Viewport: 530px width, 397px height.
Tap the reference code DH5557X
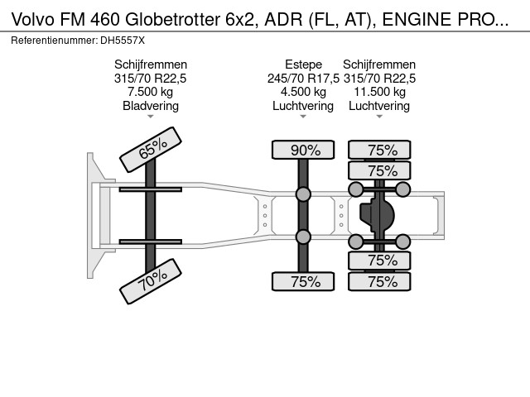123,40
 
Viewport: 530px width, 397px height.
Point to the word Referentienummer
57,40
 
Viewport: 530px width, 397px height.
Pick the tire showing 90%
304,150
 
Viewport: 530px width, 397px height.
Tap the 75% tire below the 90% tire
304,281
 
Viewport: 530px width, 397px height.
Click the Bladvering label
151,106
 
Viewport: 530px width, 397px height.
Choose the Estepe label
303,64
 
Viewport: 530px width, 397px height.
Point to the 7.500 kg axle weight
151,92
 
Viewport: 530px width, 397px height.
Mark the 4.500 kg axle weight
303,92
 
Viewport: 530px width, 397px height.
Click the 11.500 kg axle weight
379,92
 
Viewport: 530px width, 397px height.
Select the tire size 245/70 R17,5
303,78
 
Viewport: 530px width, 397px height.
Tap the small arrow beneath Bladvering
151,117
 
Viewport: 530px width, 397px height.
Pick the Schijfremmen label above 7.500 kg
151,64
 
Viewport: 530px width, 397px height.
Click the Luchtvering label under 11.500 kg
379,106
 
